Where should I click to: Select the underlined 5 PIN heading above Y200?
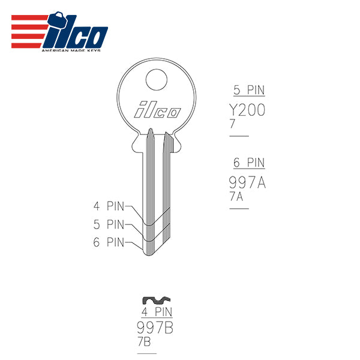(x=248, y=91)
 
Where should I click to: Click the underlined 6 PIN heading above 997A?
(x=248, y=163)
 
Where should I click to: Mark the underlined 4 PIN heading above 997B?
(x=157, y=312)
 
